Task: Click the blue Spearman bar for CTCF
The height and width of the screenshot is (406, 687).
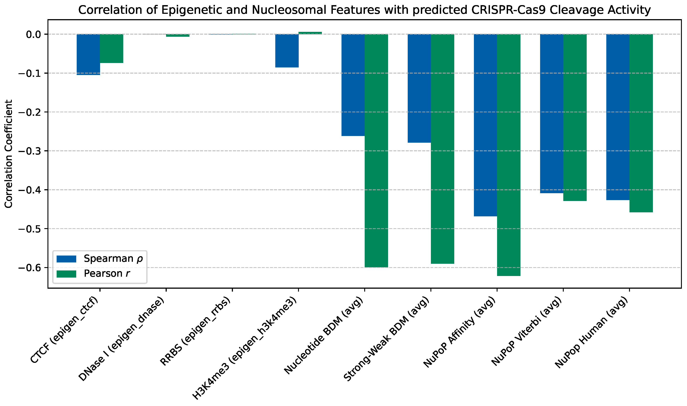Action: pyautogui.click(x=88, y=55)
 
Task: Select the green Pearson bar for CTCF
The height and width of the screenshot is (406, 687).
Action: pyautogui.click(x=111, y=49)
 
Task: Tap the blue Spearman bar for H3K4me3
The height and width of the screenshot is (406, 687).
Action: pyautogui.click(x=287, y=51)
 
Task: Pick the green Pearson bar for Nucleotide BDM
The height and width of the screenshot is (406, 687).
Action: pyautogui.click(x=376, y=151)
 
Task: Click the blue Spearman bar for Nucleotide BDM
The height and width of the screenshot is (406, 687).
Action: pyautogui.click(x=353, y=85)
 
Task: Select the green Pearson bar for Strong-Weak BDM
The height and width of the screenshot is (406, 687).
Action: pyautogui.click(x=443, y=149)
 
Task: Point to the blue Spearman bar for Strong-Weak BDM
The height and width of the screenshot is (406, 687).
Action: pyautogui.click(x=419, y=88)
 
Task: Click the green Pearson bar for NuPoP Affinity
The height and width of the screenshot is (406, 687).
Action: pyautogui.click(x=509, y=155)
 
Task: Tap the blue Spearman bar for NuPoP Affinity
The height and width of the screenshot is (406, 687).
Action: pyautogui.click(x=485, y=125)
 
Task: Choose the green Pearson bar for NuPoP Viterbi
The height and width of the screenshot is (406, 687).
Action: pyautogui.click(x=575, y=118)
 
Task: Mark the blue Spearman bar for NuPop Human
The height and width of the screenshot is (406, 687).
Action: pyautogui.click(x=618, y=117)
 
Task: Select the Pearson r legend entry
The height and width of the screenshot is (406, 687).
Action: pyautogui.click(x=93, y=274)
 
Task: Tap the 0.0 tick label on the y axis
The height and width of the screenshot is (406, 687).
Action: pyautogui.click(x=33, y=35)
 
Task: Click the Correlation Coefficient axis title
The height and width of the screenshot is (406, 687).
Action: pyautogui.click(x=8, y=154)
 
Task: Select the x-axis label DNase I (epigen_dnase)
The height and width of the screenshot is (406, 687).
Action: pyautogui.click(x=121, y=339)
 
